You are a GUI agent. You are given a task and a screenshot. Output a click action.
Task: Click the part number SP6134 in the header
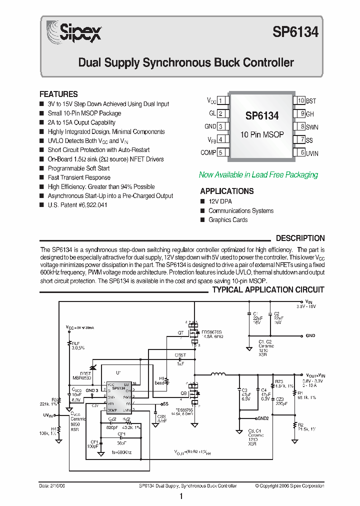[x=295, y=32]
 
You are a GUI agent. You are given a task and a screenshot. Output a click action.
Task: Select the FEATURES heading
[x=58, y=94]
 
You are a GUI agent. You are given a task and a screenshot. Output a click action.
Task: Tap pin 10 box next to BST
[x=300, y=100]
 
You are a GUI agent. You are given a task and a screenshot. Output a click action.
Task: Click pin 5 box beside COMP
[x=221, y=152]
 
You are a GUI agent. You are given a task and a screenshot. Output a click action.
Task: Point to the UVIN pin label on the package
[x=312, y=153]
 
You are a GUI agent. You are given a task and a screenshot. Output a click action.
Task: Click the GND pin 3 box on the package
[x=221, y=126]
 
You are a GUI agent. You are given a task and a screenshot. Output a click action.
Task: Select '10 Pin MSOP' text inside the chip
[x=262, y=135]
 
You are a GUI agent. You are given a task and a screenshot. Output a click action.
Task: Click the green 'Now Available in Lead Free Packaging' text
[x=258, y=175]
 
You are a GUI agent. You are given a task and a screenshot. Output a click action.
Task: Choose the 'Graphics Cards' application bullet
[x=228, y=220]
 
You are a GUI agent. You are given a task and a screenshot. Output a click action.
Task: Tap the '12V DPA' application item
[x=220, y=201]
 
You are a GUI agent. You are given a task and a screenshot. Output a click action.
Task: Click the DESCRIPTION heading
[x=300, y=238]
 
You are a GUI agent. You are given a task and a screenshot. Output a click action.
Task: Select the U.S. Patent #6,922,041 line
[x=77, y=205]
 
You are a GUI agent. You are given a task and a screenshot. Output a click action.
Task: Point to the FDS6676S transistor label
[x=212, y=332]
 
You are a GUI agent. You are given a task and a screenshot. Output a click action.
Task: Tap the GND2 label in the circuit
[x=263, y=418]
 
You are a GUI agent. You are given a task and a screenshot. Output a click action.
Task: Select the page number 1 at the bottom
[x=180, y=496]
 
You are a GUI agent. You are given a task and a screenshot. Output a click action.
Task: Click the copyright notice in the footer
[x=289, y=486]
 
